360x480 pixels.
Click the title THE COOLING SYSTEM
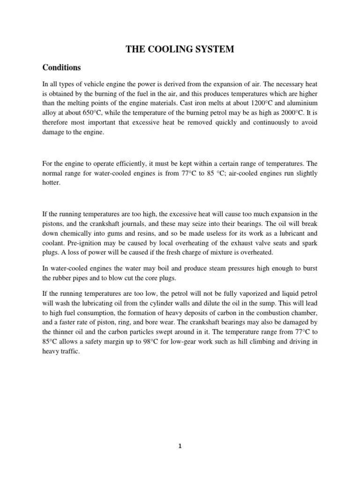click(x=180, y=49)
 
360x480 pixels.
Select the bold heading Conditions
click(x=61, y=67)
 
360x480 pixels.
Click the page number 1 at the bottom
click(x=180, y=446)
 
